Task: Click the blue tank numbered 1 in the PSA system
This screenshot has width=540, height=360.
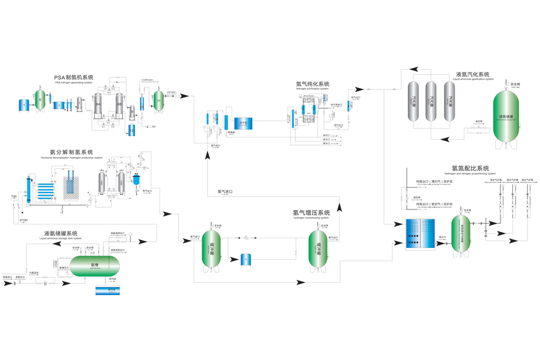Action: click(x=24, y=105)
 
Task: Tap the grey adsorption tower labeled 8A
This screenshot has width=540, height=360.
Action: click(x=98, y=106)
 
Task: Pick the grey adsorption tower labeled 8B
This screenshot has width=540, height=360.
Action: click(x=119, y=106)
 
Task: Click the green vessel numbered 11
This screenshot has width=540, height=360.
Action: click(x=159, y=101)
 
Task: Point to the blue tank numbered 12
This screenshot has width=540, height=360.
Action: click(x=132, y=130)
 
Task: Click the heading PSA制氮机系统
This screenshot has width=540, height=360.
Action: click(x=74, y=77)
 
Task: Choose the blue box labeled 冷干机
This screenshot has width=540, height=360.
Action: click(x=244, y=122)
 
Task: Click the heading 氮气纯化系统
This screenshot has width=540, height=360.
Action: click(x=313, y=84)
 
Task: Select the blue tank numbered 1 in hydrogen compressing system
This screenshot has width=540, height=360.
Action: click(x=245, y=259)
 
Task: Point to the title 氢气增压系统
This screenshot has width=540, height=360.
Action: click(x=311, y=212)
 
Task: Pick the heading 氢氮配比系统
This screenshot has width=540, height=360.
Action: click(x=470, y=169)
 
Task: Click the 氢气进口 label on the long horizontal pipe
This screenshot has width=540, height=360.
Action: click(x=225, y=192)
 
